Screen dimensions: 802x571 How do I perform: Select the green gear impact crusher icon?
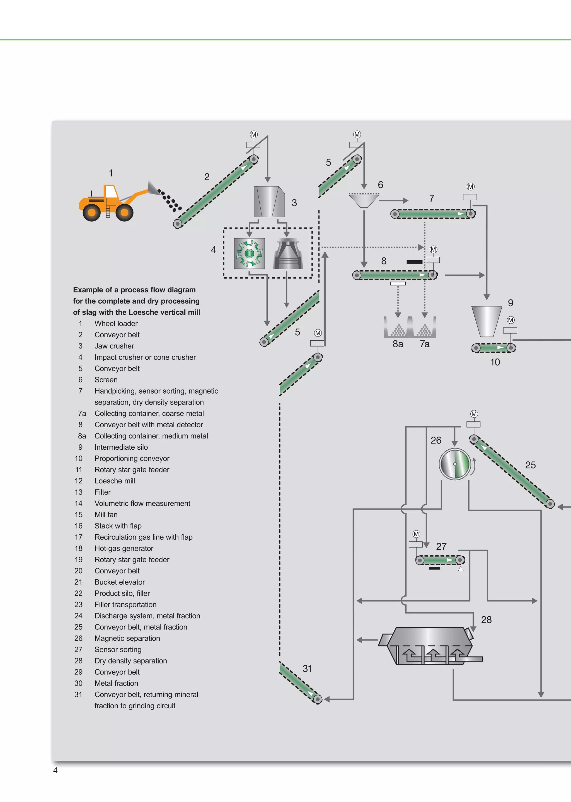click(x=249, y=253)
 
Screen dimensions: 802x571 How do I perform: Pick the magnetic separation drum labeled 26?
click(x=455, y=464)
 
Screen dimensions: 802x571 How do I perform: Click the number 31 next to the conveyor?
click(x=307, y=668)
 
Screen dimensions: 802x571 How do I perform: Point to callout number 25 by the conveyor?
click(x=530, y=465)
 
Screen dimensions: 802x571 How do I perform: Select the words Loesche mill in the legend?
click(x=115, y=481)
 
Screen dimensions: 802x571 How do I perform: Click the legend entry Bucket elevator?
click(x=120, y=582)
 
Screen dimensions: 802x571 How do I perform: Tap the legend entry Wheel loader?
click(x=116, y=323)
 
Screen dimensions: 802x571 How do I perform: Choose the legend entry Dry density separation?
click(x=131, y=661)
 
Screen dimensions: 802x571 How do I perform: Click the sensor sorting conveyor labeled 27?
click(x=440, y=560)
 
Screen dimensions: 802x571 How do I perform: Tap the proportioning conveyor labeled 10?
click(x=493, y=348)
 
